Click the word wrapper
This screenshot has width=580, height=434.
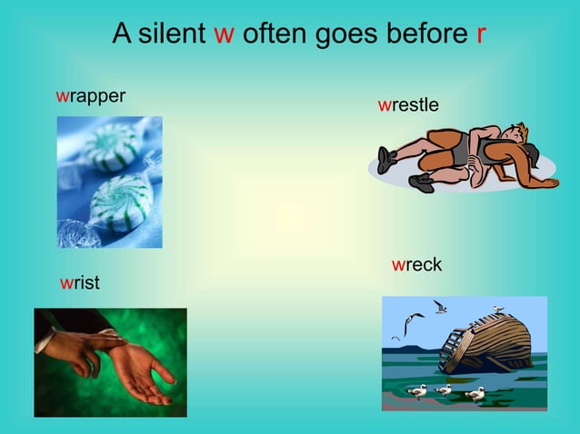pyautogui.click(x=90, y=95)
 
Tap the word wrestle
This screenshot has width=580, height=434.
pyautogui.click(x=408, y=105)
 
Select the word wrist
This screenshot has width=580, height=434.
pyautogui.click(x=79, y=283)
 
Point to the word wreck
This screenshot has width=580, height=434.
pyautogui.click(x=416, y=265)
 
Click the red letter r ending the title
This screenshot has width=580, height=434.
pyautogui.click(x=480, y=35)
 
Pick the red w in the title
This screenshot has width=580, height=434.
pyautogui.click(x=224, y=35)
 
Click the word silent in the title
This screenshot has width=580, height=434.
pyautogui.click(x=172, y=35)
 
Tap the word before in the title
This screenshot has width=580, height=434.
pyautogui.click(x=429, y=35)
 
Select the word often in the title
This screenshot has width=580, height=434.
pyautogui.click(x=271, y=35)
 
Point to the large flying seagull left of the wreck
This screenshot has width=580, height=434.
pyautogui.click(x=413, y=321)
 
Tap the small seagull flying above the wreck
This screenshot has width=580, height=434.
pyautogui.click(x=440, y=307)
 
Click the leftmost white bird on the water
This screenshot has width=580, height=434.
pyautogui.click(x=417, y=390)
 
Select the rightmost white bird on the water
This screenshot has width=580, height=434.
pyautogui.click(x=475, y=393)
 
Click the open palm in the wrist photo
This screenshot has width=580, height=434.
pyautogui.click(x=136, y=373)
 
